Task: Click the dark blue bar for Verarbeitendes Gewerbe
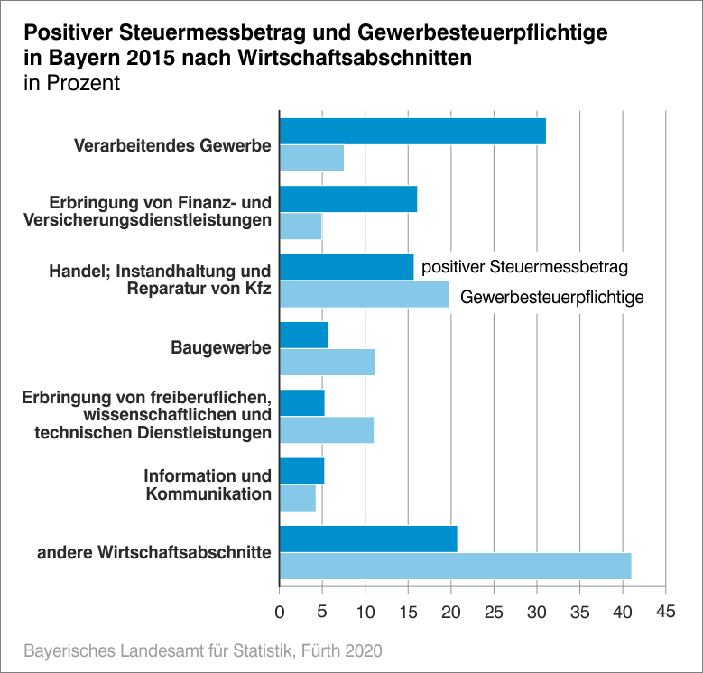pyautogui.click(x=412, y=131)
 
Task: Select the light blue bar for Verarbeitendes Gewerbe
pyautogui.click(x=311, y=158)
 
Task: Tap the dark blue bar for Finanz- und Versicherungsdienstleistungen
pyautogui.click(x=348, y=198)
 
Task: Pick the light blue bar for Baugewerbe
pyautogui.click(x=327, y=362)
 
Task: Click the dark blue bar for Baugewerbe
pyautogui.click(x=303, y=335)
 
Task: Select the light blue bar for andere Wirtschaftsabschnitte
pyautogui.click(x=455, y=566)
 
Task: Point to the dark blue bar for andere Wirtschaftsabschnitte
pyautogui.click(x=368, y=539)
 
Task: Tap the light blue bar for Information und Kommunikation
pyautogui.click(x=298, y=498)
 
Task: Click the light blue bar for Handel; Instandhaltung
pyautogui.click(x=365, y=294)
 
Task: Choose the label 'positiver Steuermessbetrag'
pyautogui.click(x=524, y=267)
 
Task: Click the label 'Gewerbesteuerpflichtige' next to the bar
pyautogui.click(x=552, y=296)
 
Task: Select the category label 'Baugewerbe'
pyautogui.click(x=221, y=347)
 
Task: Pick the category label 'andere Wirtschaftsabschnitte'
pyautogui.click(x=154, y=552)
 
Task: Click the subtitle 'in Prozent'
pyautogui.click(x=71, y=84)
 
